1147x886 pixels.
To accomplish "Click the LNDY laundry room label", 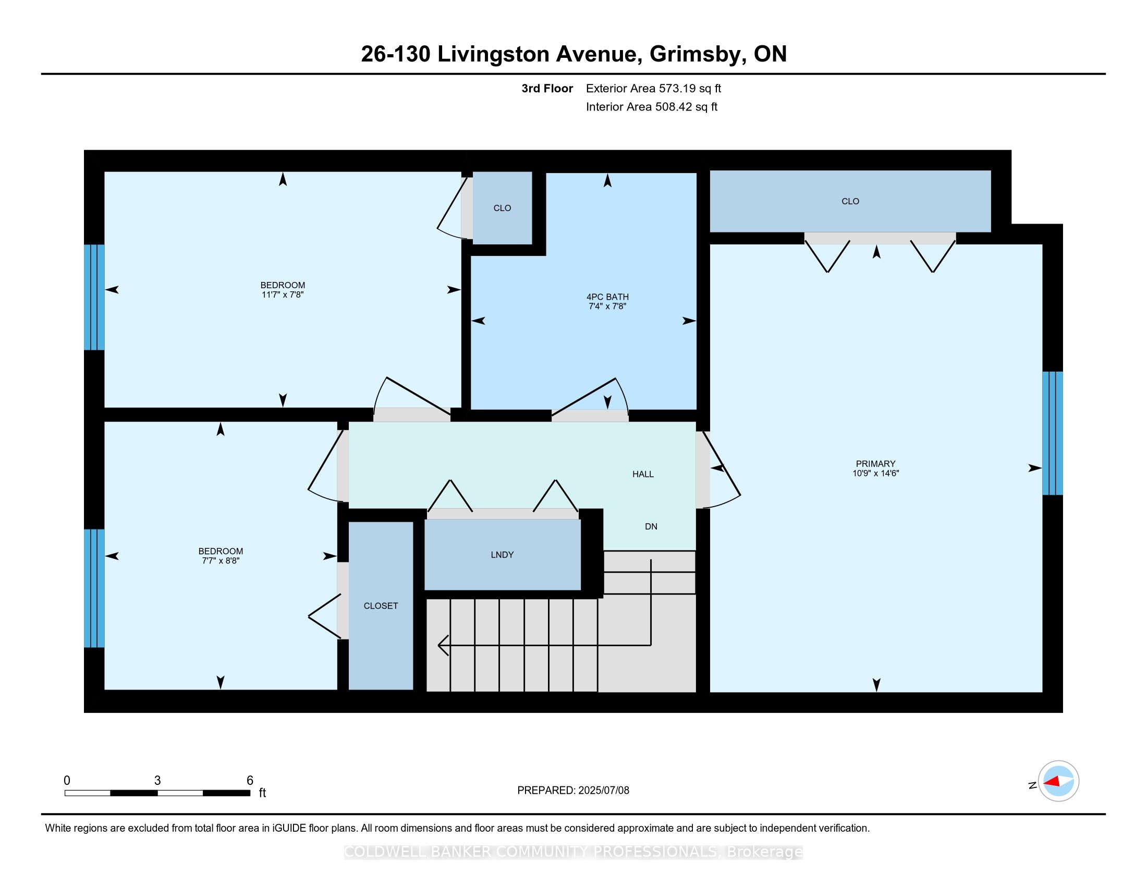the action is (x=502, y=555).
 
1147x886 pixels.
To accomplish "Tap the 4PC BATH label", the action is (x=607, y=297).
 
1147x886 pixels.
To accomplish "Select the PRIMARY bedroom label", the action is (x=875, y=464).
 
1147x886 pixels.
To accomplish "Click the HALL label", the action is (x=643, y=474).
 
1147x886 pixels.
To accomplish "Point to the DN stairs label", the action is (x=651, y=527).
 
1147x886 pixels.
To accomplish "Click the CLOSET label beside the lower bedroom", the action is (x=381, y=606).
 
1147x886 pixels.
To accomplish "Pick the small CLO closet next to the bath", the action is (x=502, y=208).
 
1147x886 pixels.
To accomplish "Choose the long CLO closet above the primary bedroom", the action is (x=850, y=202).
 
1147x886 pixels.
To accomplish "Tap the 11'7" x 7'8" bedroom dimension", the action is (x=283, y=295).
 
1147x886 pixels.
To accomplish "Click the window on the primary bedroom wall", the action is (x=1053, y=434).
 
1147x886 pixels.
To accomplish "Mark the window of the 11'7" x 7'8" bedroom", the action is (x=94, y=298).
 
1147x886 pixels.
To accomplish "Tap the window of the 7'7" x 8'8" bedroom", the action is (x=94, y=588).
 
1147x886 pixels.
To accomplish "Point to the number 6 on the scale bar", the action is (x=250, y=781).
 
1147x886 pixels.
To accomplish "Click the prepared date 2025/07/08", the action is (x=603, y=791).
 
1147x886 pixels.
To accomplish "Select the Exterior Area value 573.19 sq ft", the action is (x=690, y=89).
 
